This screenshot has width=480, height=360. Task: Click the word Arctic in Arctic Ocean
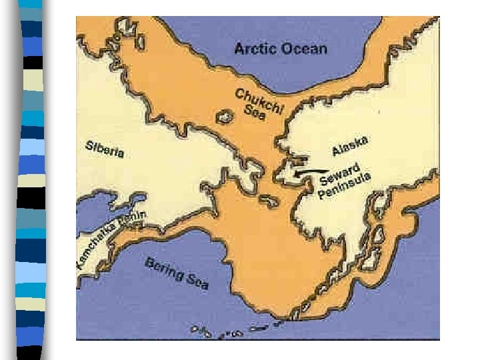pyautogui.click(x=257, y=48)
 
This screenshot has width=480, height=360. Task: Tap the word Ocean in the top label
pyautogui.click(x=303, y=48)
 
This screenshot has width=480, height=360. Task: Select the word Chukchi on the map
pyautogui.click(x=261, y=101)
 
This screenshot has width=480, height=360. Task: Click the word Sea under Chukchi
pyautogui.click(x=254, y=113)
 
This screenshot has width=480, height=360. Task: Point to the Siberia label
pyautogui.click(x=105, y=149)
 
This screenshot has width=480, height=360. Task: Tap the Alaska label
pyautogui.click(x=349, y=145)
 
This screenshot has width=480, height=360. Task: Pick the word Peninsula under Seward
pyautogui.click(x=344, y=186)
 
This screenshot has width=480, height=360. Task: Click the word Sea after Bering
pyautogui.click(x=197, y=281)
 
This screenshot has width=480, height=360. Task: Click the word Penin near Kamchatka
pyautogui.click(x=131, y=220)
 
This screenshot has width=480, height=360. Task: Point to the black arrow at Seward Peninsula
pyautogui.click(x=309, y=172)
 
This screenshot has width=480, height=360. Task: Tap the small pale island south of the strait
pyautogui.click(x=269, y=200)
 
